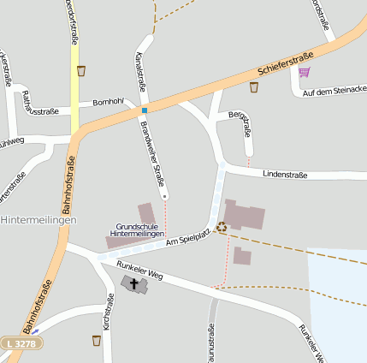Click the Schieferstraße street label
pyautogui.click(x=285, y=62)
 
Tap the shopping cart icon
pyautogui.click(x=305, y=72)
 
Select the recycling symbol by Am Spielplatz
pyautogui.click(x=222, y=227)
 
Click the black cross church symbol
pyautogui.click(x=133, y=282)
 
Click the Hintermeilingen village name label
pyautogui.click(x=39, y=220)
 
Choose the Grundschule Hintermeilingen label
pyautogui.click(x=137, y=229)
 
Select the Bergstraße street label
pyautogui.click(x=243, y=124)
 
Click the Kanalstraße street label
pyautogui.click(x=140, y=72)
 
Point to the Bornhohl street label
pyautogui.click(x=109, y=102)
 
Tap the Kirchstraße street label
pyautogui.click(x=108, y=312)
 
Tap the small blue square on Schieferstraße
pyautogui.click(x=145, y=110)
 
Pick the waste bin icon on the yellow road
pyautogui.click(x=81, y=71)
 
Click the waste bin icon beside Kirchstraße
pyautogui.click(x=96, y=340)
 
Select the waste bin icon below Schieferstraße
pyautogui.click(x=253, y=86)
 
